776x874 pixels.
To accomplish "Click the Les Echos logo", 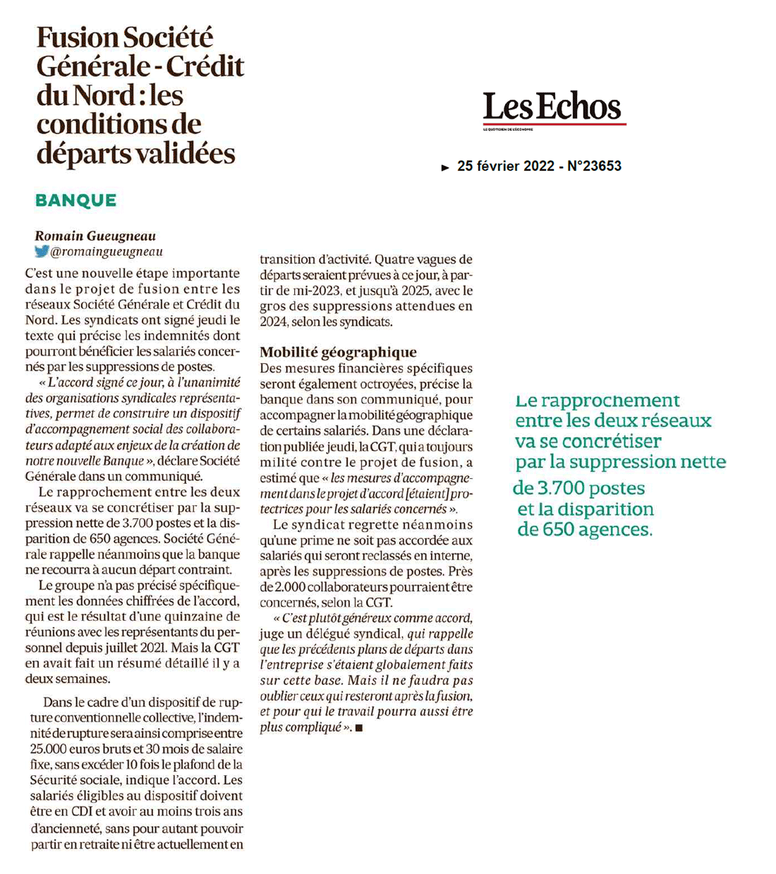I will [x=552, y=107].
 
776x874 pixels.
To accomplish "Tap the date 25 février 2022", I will [x=505, y=166].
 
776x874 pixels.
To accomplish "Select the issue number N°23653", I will [x=594, y=166].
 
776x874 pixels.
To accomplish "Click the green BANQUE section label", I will [x=76, y=200].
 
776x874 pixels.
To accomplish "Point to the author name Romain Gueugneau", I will [x=95, y=236].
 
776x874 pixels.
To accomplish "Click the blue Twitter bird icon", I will [x=42, y=251].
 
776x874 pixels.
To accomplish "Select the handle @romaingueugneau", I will [x=107, y=252].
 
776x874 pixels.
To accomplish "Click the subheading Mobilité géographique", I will [x=338, y=352].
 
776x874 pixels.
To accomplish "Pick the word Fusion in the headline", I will [x=78, y=37].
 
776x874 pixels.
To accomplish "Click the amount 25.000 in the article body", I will [x=49, y=749].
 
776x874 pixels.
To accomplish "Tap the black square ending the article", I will [x=359, y=728].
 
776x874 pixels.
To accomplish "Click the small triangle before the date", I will [x=445, y=168].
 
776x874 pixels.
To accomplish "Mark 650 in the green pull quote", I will [x=558, y=529].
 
